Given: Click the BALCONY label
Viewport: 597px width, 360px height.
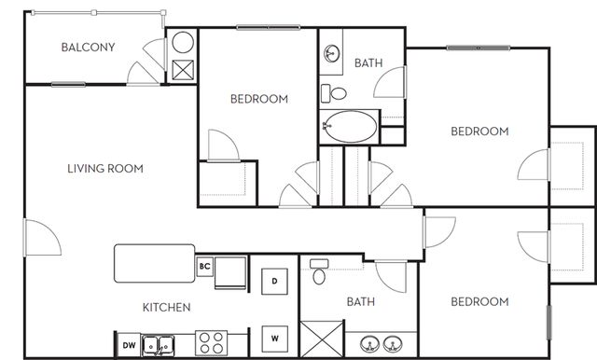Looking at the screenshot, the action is pos(88,48).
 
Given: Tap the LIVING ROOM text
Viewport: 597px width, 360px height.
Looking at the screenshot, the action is pos(105,169).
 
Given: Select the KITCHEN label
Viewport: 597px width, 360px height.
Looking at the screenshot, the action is pos(166,307).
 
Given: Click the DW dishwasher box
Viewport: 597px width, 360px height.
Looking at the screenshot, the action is pos(129,345).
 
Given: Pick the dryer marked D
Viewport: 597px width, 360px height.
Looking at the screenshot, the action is pos(274,282).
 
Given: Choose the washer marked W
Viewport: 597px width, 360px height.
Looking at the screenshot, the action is pos(274,339).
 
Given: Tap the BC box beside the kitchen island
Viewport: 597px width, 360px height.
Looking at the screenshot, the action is pos(205,267).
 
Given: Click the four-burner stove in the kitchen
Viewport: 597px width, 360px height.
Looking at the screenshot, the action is pos(212,343).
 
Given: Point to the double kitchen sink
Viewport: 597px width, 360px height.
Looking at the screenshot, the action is pos(158,345).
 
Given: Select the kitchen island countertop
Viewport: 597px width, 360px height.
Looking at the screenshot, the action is pos(155,263).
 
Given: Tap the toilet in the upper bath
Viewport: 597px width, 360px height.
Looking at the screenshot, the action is pos(334,93).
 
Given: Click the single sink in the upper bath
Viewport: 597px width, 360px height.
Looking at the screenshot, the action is pos(332,53).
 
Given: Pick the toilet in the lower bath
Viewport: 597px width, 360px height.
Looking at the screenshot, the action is pos(319,271).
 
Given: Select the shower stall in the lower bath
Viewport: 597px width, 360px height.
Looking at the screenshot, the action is pos(322,339).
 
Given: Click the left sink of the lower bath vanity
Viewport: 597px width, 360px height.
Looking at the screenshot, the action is pos(369,344).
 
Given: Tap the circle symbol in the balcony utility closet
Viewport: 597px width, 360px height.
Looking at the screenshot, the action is pos(183,42).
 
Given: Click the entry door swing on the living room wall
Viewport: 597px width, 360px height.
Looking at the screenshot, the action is pos(42,237).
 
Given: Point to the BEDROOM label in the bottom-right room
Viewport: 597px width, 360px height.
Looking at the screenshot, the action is pos(479,302).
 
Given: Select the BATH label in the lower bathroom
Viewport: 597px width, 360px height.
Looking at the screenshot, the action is pos(361,302).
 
